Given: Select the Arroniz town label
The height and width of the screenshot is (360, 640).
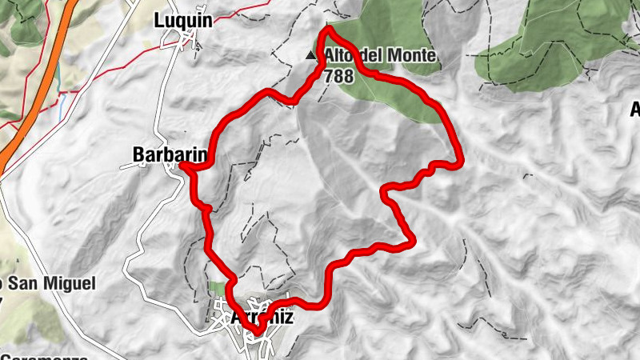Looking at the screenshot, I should (261, 317).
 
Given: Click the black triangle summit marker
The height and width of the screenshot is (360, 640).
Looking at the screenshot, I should (311, 56).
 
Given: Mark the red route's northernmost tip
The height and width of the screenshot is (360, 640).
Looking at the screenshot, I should (328, 30).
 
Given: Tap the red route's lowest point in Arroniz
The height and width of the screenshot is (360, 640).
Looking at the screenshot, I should (258, 330).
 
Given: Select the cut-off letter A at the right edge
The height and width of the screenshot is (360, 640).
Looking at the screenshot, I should (635, 109).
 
